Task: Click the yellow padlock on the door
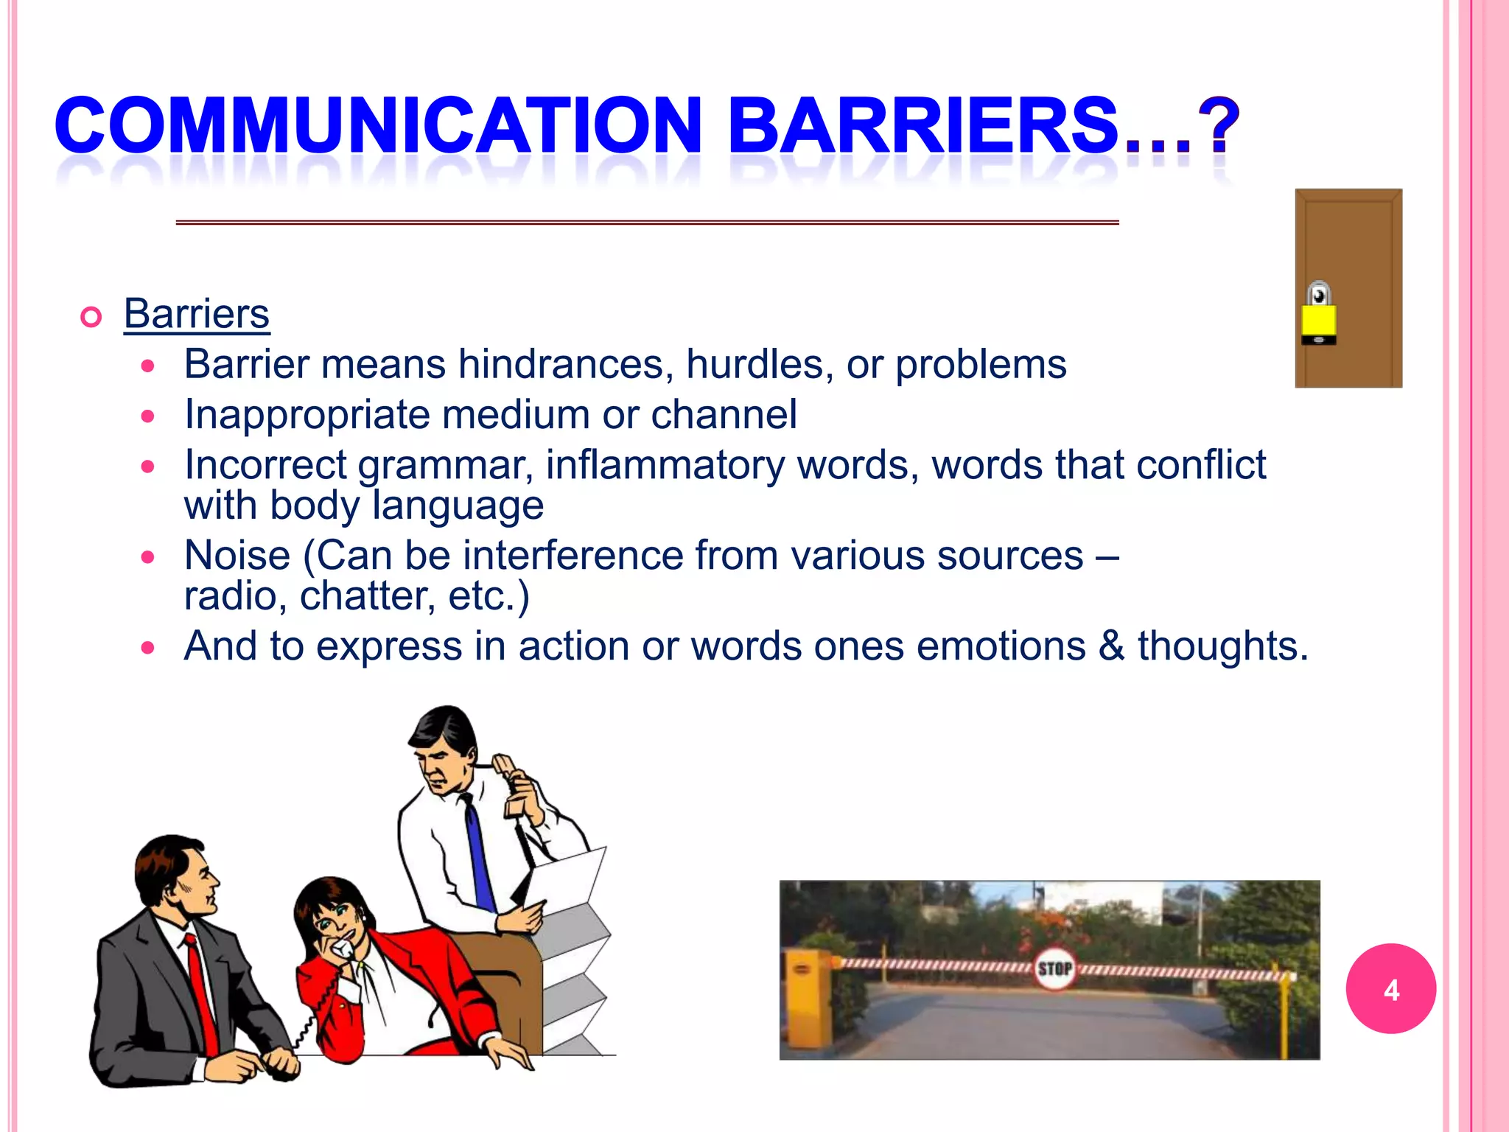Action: tap(1318, 316)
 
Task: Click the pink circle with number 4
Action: tap(1390, 989)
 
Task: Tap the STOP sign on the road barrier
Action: tap(1054, 968)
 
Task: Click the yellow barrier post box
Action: tap(805, 995)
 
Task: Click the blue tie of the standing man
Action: tap(479, 855)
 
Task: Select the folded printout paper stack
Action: tap(575, 958)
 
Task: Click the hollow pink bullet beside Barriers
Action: tap(91, 318)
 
